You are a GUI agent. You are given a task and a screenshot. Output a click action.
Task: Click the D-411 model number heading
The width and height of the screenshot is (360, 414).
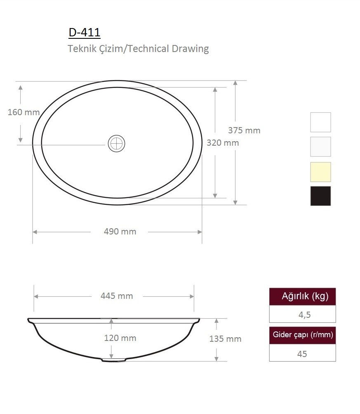point(85,33)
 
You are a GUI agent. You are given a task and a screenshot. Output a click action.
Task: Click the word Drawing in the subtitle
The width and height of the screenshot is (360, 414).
point(190,49)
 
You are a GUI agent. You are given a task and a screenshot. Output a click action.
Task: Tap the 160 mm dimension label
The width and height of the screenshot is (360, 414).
point(24,112)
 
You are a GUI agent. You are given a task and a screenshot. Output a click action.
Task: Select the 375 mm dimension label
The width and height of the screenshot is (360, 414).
point(244,130)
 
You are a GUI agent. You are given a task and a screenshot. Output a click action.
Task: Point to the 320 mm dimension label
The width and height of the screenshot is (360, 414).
point(223,143)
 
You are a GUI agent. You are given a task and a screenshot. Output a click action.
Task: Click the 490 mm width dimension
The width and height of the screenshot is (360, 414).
point(120,232)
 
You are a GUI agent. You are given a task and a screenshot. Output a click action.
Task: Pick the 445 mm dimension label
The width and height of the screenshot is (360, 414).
point(117,296)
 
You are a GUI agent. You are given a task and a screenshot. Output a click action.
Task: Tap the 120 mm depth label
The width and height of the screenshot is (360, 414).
point(120,338)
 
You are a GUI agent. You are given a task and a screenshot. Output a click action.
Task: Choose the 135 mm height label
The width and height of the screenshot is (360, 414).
point(225,339)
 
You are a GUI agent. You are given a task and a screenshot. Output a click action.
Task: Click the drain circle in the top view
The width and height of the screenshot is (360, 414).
point(116,144)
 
